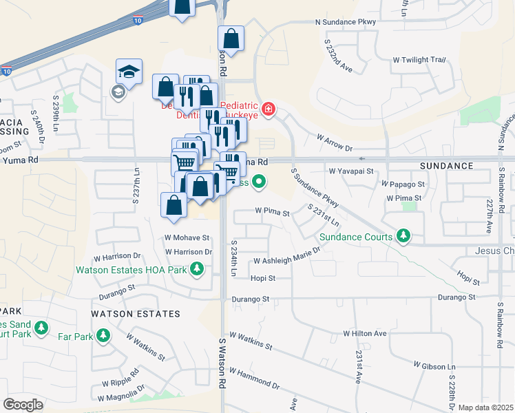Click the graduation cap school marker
[129, 72]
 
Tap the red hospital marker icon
[268, 109]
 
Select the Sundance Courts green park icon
[403, 237]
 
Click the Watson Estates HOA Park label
[142, 268]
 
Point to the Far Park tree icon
[103, 335]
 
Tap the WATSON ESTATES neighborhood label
[136, 314]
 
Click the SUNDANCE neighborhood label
[447, 166]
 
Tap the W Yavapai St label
[350, 171]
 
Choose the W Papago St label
[403, 184]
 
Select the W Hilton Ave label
[365, 333]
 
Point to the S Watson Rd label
[222, 362]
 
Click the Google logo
[23, 404]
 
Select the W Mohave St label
[186, 237]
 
